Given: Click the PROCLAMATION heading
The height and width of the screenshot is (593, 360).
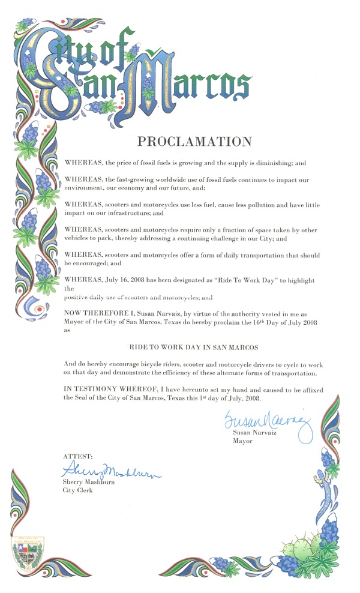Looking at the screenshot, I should tap(194, 142).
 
